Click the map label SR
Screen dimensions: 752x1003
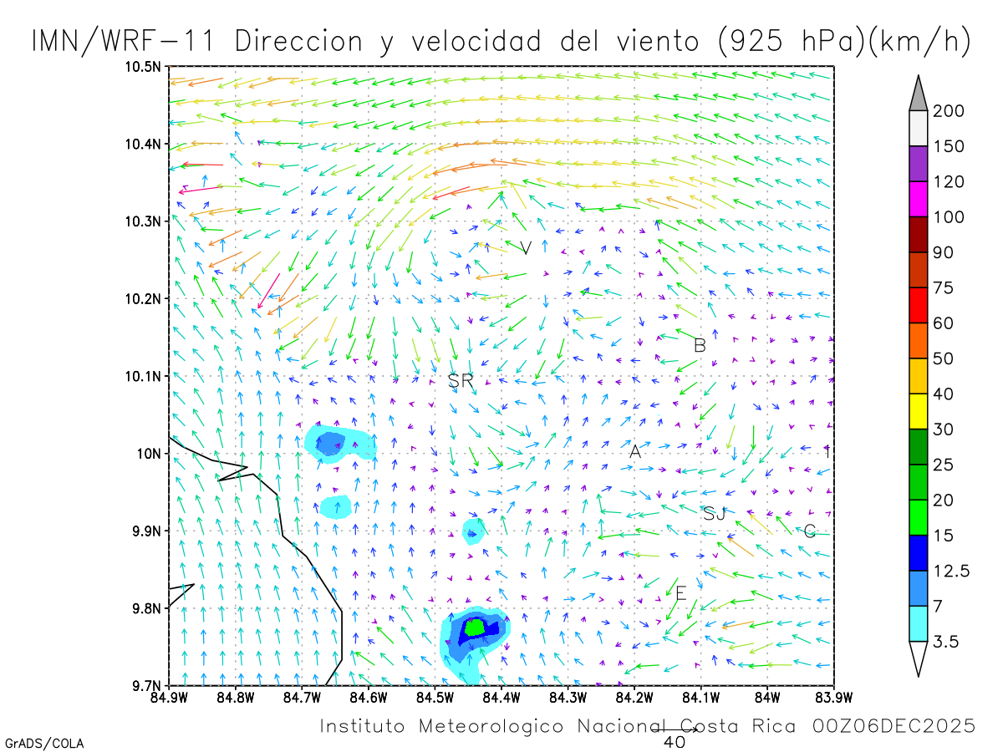[461, 381]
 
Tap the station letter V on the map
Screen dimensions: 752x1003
[526, 248]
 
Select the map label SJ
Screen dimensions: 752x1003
[714, 513]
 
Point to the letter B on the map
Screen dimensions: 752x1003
[700, 345]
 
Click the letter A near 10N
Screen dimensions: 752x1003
[635, 452]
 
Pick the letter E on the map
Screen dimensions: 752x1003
[681, 594]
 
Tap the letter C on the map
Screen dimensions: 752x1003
[809, 531]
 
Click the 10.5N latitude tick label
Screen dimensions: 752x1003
[144, 67]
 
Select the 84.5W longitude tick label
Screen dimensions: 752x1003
[435, 696]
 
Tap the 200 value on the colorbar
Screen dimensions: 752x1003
[949, 111]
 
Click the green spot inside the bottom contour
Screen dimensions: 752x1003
[475, 627]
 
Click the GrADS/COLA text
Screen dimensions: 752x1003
[43, 743]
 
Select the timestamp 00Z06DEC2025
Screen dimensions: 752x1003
[894, 726]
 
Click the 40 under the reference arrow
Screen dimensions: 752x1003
[674, 741]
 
